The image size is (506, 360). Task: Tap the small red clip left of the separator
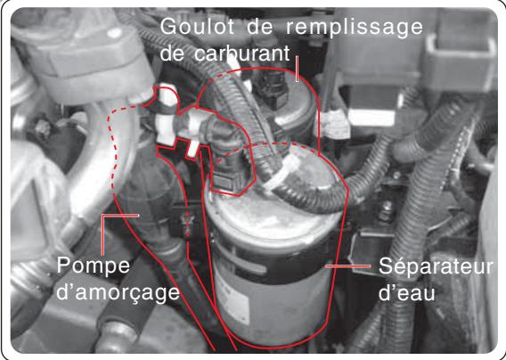click(186, 217)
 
